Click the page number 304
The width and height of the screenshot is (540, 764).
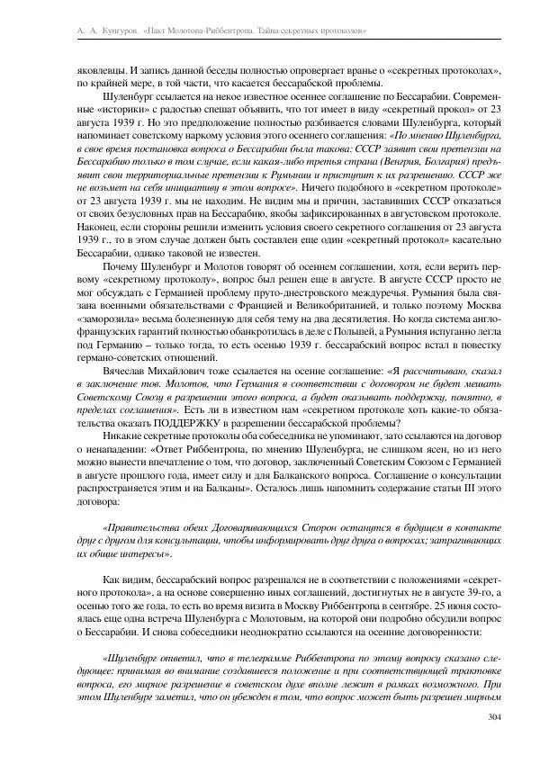tap(492, 717)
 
